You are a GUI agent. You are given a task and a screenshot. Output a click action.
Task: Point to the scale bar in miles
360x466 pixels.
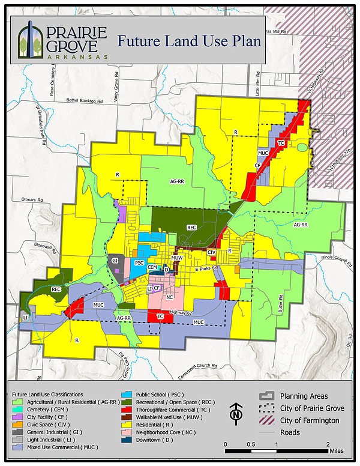(x=276, y=448)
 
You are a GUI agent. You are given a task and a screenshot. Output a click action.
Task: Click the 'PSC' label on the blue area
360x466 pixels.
(x=139, y=263)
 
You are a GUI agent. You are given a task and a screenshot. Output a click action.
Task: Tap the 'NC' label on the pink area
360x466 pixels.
(x=170, y=297)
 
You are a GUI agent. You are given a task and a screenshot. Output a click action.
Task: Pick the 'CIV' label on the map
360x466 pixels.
(x=211, y=253)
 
